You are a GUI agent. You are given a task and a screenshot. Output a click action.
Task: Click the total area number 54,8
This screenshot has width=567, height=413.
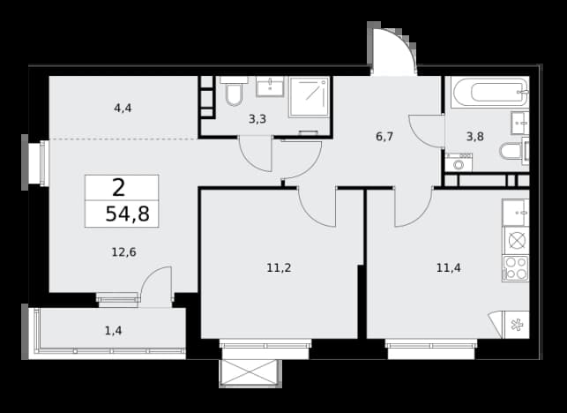coord(127,214)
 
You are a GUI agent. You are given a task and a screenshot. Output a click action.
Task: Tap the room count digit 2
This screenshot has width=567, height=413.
coord(119,187)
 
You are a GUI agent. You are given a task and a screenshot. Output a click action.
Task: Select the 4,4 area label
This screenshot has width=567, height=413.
coord(123,108)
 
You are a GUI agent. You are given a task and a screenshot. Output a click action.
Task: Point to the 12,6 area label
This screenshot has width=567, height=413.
coord(123,252)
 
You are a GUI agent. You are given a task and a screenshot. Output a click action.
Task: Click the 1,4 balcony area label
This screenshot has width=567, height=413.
coord(113,330)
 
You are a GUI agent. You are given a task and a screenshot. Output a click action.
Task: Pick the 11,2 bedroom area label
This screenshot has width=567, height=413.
coord(279,268)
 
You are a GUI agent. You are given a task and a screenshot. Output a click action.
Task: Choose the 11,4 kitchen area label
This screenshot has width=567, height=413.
coord(448,268)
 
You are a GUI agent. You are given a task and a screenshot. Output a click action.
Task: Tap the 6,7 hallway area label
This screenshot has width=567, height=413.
coord(384,137)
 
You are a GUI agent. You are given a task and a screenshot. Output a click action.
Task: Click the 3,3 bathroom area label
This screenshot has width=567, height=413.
coord(257,119)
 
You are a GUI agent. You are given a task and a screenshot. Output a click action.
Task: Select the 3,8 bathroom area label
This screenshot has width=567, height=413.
coord(474,137)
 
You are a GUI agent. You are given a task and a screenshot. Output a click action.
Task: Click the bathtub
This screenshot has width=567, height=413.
coord(490,92)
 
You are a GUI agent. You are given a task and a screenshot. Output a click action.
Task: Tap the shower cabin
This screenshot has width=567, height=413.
coord(310,97)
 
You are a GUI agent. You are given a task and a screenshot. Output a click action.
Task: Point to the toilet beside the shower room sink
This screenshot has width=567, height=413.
coord(234,92)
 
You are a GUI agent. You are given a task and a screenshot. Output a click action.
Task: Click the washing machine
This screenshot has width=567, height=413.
coord(459,162)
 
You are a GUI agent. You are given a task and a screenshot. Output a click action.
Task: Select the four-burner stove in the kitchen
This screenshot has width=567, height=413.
coord(516,268)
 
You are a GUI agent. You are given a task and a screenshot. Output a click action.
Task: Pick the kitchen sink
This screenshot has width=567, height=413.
coord(516,213)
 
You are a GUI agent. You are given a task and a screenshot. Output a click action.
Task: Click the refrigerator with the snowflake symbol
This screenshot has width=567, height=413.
coord(517,325)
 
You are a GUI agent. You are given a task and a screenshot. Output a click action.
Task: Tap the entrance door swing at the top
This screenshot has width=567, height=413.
coord(395,52)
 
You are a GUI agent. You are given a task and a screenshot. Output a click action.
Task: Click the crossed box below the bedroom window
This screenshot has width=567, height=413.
coord(250,373)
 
